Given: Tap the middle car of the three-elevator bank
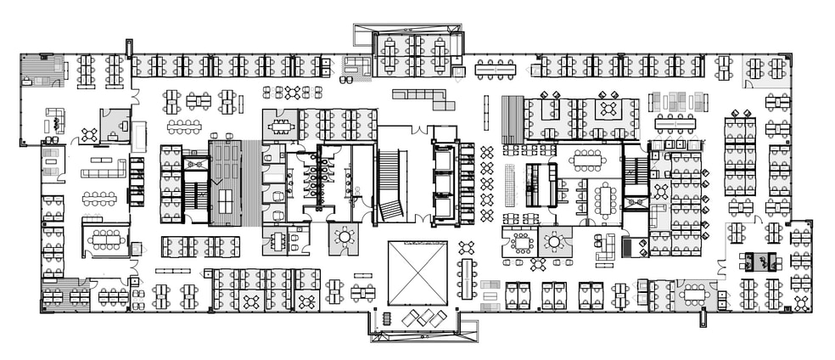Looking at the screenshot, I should (445, 183).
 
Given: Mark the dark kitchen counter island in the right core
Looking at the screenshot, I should (536, 183).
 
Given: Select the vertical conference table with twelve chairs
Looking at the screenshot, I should (604, 200).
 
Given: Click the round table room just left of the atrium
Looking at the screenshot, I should (345, 237).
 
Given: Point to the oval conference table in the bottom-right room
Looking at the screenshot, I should (694, 294).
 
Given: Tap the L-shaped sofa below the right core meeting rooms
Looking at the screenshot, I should (605, 249).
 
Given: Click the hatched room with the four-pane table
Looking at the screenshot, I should (226, 182).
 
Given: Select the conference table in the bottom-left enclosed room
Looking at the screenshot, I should (105, 239).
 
